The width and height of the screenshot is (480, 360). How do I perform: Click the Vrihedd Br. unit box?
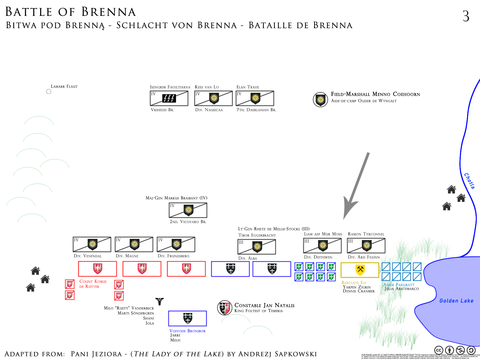click(169, 98)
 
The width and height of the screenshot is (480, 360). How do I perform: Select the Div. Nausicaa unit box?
click(213, 98)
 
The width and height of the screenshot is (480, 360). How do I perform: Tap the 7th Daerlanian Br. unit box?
click(255, 98)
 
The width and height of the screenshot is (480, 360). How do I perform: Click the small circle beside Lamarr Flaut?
click(49, 91)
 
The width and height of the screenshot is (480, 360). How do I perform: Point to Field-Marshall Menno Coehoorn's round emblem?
click(320, 100)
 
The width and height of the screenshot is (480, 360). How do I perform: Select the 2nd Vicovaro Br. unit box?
click(188, 210)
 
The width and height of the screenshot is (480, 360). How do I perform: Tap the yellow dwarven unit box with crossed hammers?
click(360, 270)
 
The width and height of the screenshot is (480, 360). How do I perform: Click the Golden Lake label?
click(456, 301)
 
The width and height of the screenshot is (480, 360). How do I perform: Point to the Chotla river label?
click(469, 181)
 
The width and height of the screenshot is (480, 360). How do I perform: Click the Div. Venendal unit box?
click(92, 244)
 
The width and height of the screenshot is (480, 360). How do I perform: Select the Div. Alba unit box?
click(256, 247)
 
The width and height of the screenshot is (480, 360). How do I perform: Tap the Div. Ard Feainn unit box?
click(366, 246)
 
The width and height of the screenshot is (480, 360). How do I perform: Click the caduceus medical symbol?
click(160, 301)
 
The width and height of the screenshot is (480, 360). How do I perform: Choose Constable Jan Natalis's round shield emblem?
click(225, 308)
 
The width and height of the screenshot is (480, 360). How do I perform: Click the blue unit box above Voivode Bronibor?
click(187, 318)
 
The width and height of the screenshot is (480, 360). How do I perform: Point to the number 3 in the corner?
click(466, 16)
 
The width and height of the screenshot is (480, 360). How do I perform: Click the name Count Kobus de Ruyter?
click(93, 284)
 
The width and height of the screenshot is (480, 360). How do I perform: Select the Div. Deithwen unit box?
click(322, 246)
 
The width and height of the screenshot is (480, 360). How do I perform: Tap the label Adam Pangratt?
click(399, 285)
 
